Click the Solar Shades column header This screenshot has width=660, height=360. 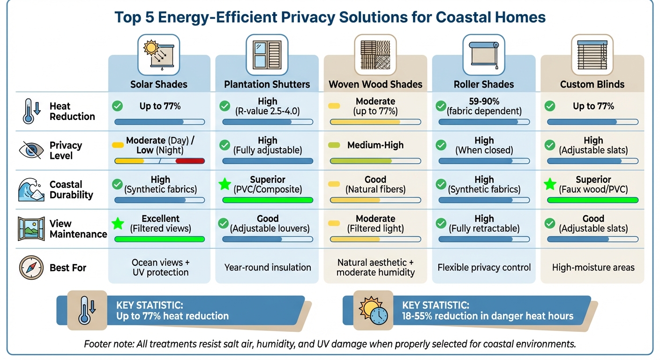point(159,84)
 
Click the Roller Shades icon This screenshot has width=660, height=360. point(484,52)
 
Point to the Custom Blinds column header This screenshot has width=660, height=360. point(592,84)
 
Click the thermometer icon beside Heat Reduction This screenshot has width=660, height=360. point(29,111)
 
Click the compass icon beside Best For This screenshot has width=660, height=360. point(31,268)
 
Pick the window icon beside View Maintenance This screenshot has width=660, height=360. point(31,228)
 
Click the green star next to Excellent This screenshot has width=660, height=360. point(118,224)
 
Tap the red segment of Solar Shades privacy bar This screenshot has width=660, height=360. point(190,161)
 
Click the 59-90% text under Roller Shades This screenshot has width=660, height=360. point(484,101)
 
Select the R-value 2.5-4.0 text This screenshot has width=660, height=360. point(268,112)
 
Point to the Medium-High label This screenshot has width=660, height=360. point(375,145)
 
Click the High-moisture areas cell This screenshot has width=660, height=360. point(592,268)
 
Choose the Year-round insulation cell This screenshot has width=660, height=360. point(268,268)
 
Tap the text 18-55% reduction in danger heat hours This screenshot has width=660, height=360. point(487,316)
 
